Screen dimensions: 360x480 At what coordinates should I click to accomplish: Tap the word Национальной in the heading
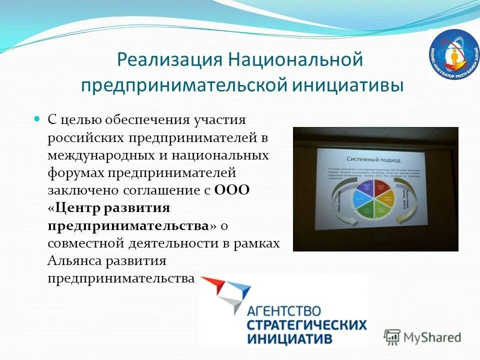(x=295, y=60)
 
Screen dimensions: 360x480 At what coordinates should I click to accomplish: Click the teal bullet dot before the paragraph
(x=36, y=120)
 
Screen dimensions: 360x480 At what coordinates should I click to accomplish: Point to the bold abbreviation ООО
(x=231, y=190)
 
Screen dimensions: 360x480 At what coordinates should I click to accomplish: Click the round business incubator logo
(x=454, y=54)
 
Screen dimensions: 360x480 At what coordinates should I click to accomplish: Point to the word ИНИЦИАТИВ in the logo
(x=289, y=338)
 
